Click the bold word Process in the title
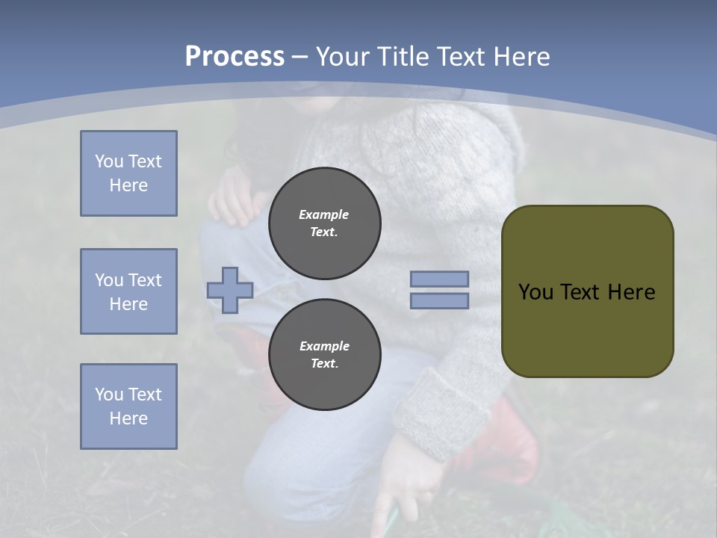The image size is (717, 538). [x=235, y=57]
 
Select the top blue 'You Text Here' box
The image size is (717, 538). [x=128, y=173]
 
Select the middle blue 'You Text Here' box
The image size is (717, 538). [x=128, y=291]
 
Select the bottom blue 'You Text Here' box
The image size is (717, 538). [x=128, y=406]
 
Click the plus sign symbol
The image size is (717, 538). [x=230, y=290]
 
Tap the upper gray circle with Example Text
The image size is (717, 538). [x=324, y=223]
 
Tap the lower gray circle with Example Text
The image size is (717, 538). [x=324, y=355]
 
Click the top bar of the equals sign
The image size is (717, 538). [x=439, y=279]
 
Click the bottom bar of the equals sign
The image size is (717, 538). [x=439, y=301]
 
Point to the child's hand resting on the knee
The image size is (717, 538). [x=235, y=198]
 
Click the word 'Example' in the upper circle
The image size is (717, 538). [x=324, y=215]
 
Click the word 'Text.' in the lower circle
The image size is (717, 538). [x=324, y=364]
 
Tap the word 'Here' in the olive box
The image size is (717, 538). [x=631, y=292]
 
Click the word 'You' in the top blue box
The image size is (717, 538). [x=107, y=161]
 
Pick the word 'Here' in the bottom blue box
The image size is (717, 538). [x=128, y=418]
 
